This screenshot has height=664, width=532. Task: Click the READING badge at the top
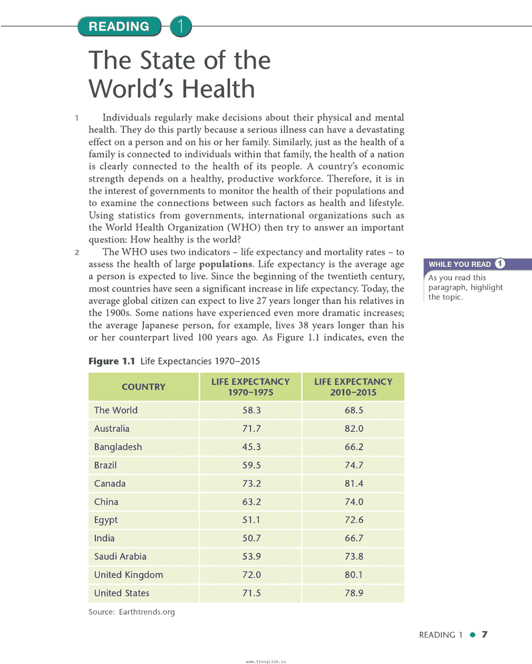coord(119,26)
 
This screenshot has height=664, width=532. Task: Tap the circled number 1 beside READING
coord(180,26)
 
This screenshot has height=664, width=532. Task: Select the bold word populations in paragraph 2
coord(226,264)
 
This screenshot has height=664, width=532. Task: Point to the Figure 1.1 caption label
coord(112,361)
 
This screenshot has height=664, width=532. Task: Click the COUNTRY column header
coord(143,387)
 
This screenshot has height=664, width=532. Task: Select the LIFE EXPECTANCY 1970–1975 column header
coord(250,387)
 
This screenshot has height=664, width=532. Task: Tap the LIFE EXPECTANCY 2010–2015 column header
coord(353,387)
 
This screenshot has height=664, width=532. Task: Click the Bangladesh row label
coord(118,447)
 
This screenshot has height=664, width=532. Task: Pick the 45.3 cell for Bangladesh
coord(252,447)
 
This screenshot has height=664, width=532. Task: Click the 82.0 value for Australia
coord(354,429)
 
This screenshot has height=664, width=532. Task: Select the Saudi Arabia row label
coord(120,557)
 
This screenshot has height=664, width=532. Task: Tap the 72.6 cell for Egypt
coord(354,520)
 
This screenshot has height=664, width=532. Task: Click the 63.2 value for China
coord(252,502)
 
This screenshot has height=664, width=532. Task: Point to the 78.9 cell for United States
coord(354,593)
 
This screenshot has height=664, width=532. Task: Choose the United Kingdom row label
coord(129,575)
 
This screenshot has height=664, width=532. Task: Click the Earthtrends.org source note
coord(132,612)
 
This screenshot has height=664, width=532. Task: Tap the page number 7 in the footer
coord(485,635)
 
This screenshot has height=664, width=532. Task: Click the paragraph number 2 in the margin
coord(77,252)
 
